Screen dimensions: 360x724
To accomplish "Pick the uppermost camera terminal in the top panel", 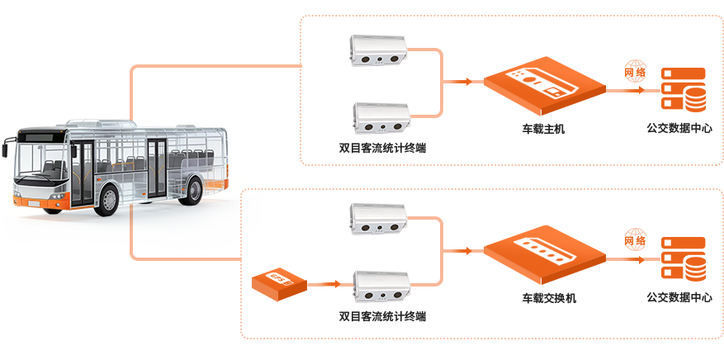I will (380, 50).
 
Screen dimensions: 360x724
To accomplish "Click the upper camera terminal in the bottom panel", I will (380, 219).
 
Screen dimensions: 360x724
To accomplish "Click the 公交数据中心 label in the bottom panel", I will (680, 298).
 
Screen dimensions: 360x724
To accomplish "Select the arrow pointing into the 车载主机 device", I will (458, 81).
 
